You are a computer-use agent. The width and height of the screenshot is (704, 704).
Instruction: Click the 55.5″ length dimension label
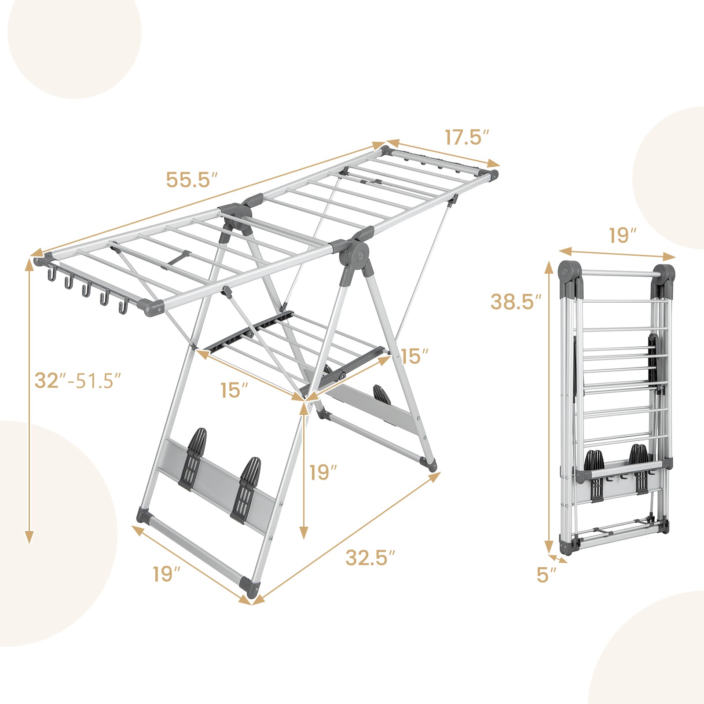pos(192,180)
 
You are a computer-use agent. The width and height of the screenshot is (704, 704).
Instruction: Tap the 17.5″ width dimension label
pos(466,137)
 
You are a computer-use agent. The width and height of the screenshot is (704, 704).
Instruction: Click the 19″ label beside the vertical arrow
pos(323,473)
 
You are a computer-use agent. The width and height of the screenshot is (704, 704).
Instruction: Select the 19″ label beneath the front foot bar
pos(167,574)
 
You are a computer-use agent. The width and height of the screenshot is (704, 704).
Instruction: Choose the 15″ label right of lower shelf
pos(414,356)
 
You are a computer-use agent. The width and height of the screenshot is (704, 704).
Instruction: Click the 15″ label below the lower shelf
pos(234,390)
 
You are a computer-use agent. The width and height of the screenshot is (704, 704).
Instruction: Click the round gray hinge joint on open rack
pos(357,254)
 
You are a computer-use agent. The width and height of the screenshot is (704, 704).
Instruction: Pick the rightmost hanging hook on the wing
pos(122,307)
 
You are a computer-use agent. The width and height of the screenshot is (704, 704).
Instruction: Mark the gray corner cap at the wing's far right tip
pos(493,175)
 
